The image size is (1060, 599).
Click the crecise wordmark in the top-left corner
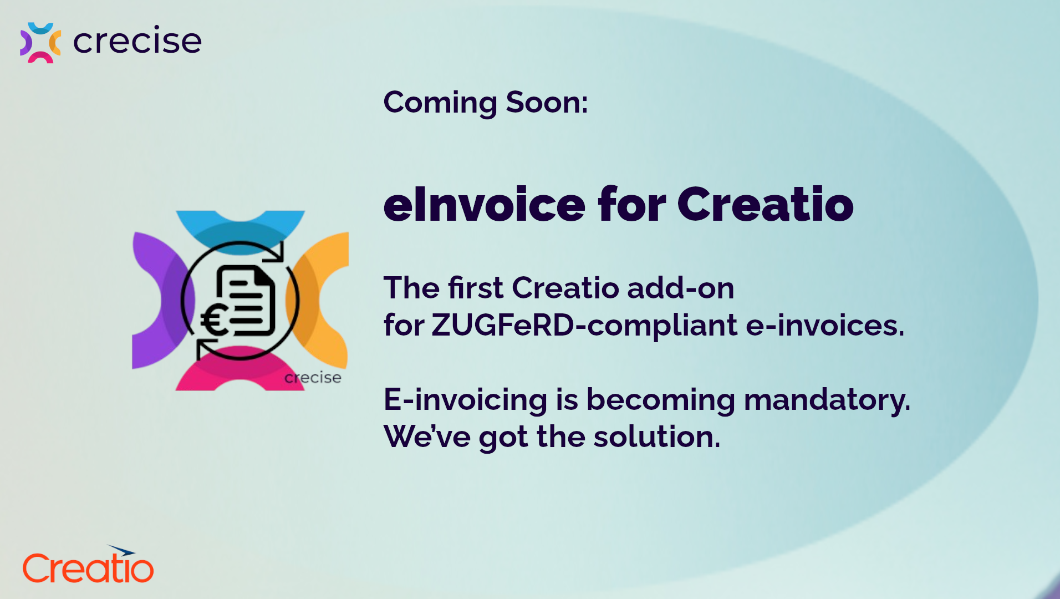[137, 41]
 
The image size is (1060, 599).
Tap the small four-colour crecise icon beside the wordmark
[40, 43]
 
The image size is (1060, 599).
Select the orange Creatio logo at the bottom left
[88, 565]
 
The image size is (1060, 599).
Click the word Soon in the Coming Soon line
[547, 103]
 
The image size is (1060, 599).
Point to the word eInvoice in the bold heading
[484, 205]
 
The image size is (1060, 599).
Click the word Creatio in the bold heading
[765, 205]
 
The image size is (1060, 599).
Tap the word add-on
[681, 288]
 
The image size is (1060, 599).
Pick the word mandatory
[827, 400]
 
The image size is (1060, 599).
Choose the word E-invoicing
[465, 400]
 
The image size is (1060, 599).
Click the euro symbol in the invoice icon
[214, 321]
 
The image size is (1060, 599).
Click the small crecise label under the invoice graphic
[313, 378]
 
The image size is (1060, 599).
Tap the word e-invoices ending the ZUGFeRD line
[825, 326]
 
